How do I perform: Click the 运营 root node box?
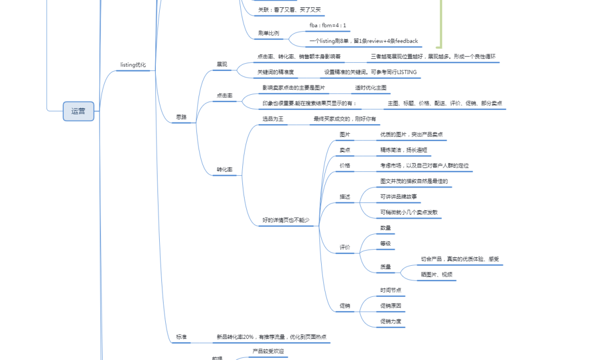coord(78,111)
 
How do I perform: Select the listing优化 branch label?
coord(133,65)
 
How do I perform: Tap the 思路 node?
coord(181,117)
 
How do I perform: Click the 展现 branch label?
coord(222,64)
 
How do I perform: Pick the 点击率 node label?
coord(224,95)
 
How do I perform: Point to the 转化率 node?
coord(224,169)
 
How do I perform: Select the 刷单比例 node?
coord(268,33)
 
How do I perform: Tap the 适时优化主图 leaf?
coord(370,88)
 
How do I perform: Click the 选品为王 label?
coord(273,119)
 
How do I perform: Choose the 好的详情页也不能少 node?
coord(286,220)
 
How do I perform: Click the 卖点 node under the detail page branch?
coord(345,150)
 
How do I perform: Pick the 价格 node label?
coord(345,165)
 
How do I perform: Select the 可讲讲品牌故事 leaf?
coord(399,196)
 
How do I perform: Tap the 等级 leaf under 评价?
coord(385,244)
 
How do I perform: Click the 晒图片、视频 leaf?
coord(436,275)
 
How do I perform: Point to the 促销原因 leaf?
coord(390,306)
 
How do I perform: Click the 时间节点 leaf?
coord(390,290)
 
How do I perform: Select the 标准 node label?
coord(181,337)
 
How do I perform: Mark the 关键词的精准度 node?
coord(276,72)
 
